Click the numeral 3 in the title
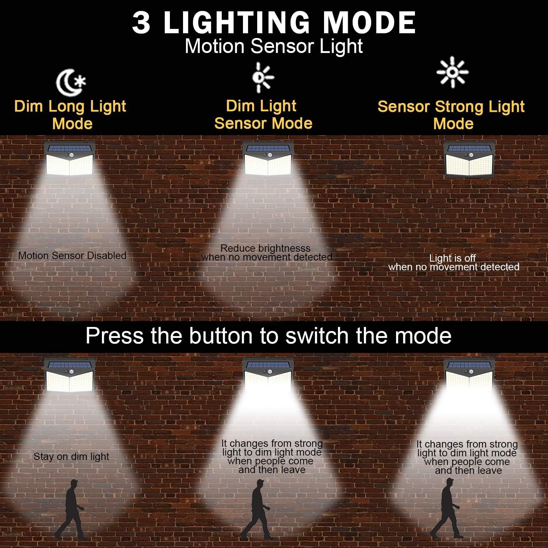[x=141, y=23]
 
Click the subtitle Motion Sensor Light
[x=274, y=46]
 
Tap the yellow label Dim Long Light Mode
[x=70, y=115]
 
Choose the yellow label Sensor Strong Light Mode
[x=451, y=115]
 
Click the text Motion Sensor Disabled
[x=72, y=255]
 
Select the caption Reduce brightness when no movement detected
[x=267, y=253]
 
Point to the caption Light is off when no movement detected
[x=454, y=262]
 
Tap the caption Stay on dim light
[x=72, y=457]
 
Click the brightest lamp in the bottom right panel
[x=471, y=376]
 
